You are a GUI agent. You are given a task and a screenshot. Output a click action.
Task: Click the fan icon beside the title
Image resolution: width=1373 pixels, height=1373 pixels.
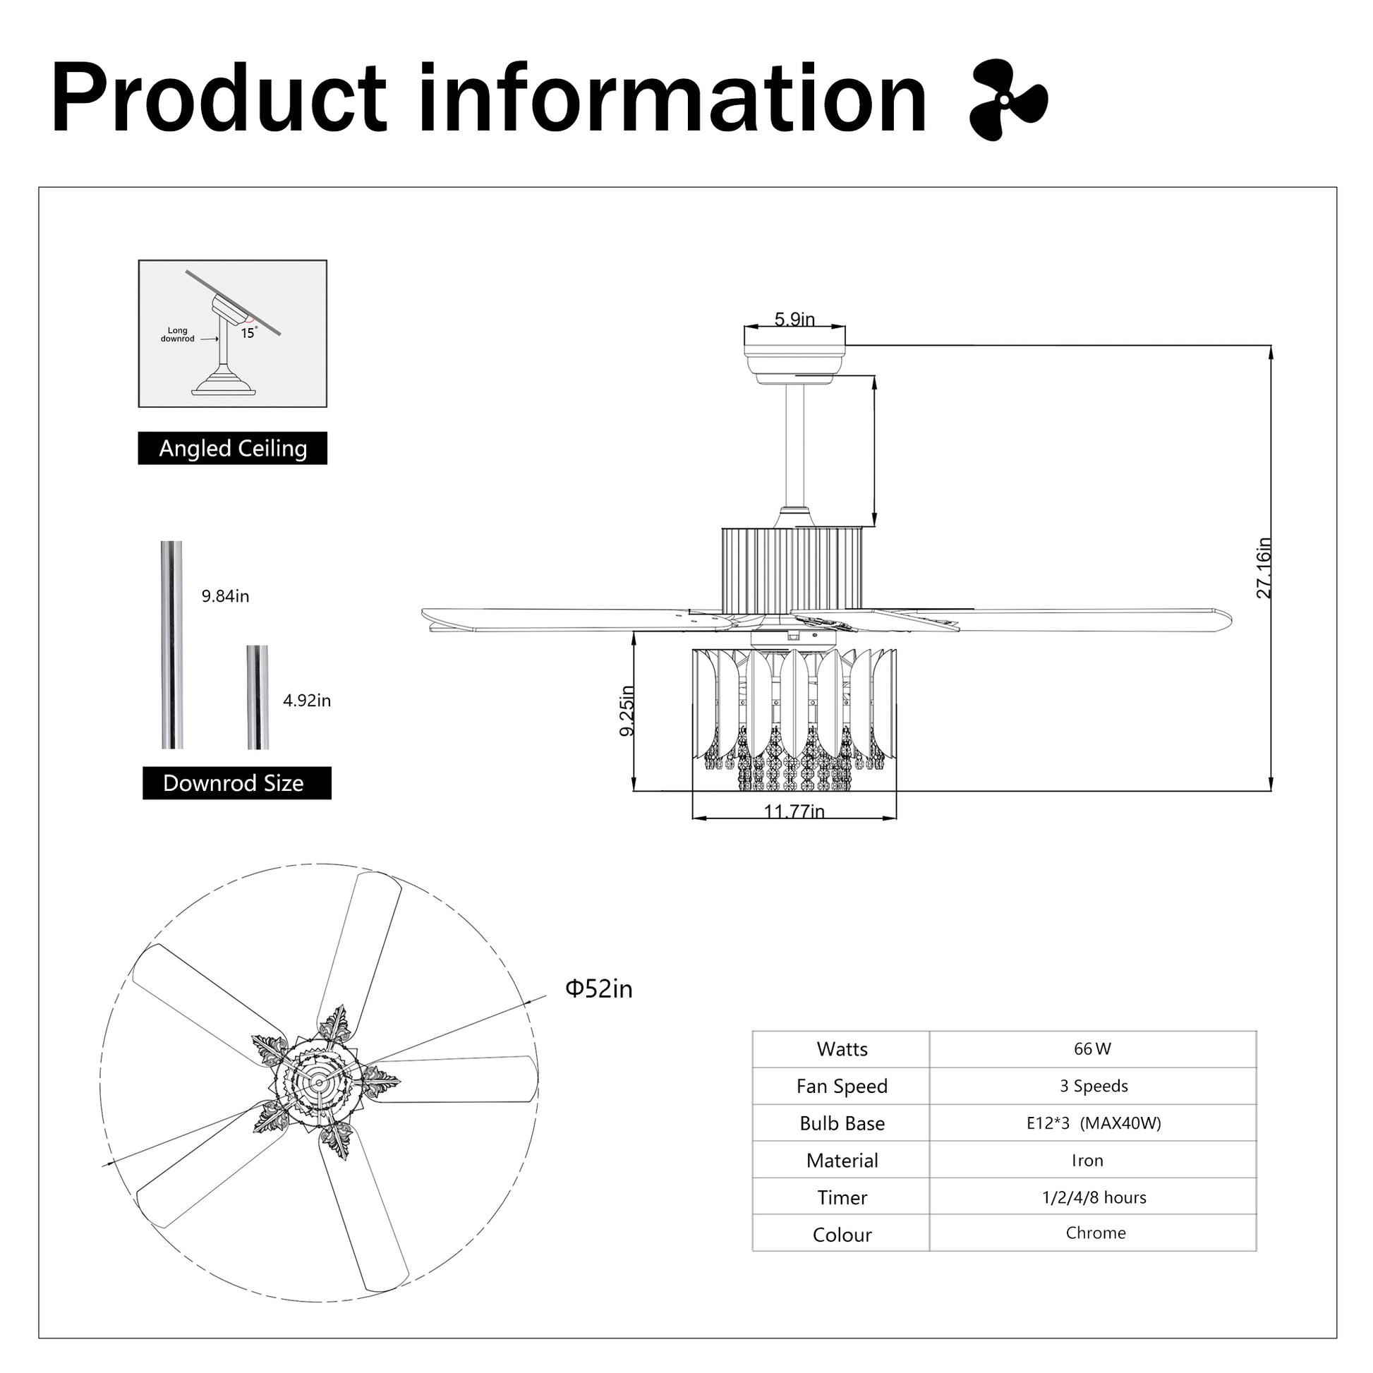[1008, 99]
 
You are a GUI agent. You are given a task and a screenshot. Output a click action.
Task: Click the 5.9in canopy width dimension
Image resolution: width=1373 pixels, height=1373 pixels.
[794, 319]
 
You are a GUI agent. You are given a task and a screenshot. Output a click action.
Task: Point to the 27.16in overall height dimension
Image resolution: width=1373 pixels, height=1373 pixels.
[1263, 568]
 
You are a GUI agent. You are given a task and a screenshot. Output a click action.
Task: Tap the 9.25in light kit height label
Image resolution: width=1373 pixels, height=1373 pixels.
[626, 710]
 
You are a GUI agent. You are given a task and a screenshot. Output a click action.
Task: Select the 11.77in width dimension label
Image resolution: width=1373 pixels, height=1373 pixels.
[794, 811]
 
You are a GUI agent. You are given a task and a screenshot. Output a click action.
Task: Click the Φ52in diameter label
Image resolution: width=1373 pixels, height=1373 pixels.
[598, 989]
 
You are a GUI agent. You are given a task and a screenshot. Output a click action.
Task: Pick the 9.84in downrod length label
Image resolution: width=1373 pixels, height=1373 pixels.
[225, 596]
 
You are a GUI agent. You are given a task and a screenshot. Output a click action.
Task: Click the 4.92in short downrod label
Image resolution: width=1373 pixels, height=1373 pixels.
[307, 701]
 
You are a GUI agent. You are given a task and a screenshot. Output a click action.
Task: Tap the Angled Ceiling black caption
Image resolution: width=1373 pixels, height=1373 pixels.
[232, 449]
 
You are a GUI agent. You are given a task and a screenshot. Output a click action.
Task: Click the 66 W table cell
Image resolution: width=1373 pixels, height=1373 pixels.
[1092, 1049]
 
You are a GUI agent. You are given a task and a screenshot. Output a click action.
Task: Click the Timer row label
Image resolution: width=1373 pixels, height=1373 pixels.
[842, 1197]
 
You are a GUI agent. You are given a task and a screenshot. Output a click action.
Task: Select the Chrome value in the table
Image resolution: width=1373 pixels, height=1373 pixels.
[1095, 1233]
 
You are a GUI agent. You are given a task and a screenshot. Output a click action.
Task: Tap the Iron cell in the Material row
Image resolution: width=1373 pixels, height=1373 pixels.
[1087, 1161]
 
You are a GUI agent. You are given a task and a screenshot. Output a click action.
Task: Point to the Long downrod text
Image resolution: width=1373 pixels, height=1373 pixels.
[177, 334]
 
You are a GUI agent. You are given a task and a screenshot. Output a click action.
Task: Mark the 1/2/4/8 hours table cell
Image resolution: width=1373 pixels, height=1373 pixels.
[1094, 1197]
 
